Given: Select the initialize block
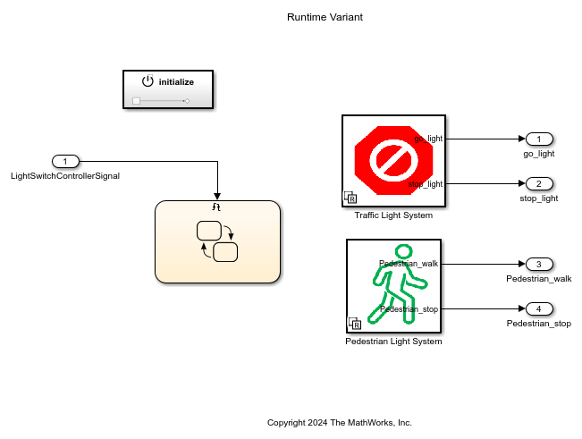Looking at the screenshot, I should tap(168, 89).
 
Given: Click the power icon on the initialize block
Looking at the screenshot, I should tap(148, 81).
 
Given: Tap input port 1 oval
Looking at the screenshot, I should tap(65, 161).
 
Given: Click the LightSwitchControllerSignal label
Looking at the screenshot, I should tap(65, 175).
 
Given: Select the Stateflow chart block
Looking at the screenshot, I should tap(217, 242).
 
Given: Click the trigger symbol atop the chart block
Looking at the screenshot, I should tap(216, 207).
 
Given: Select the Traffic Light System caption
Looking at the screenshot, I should tap(393, 215).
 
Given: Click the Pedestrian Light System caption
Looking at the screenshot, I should tap(393, 342).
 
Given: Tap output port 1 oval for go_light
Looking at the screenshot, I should tap(539, 139).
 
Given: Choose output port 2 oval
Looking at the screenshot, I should tap(539, 183).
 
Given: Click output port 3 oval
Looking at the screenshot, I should tap(539, 264).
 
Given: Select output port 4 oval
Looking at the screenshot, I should tap(539, 308).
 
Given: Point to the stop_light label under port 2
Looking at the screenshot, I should tap(539, 198).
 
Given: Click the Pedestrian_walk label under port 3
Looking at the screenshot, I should tap(539, 278).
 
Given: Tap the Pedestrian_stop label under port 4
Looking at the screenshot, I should tap(539, 323).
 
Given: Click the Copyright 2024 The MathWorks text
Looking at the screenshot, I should tap(340, 422).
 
